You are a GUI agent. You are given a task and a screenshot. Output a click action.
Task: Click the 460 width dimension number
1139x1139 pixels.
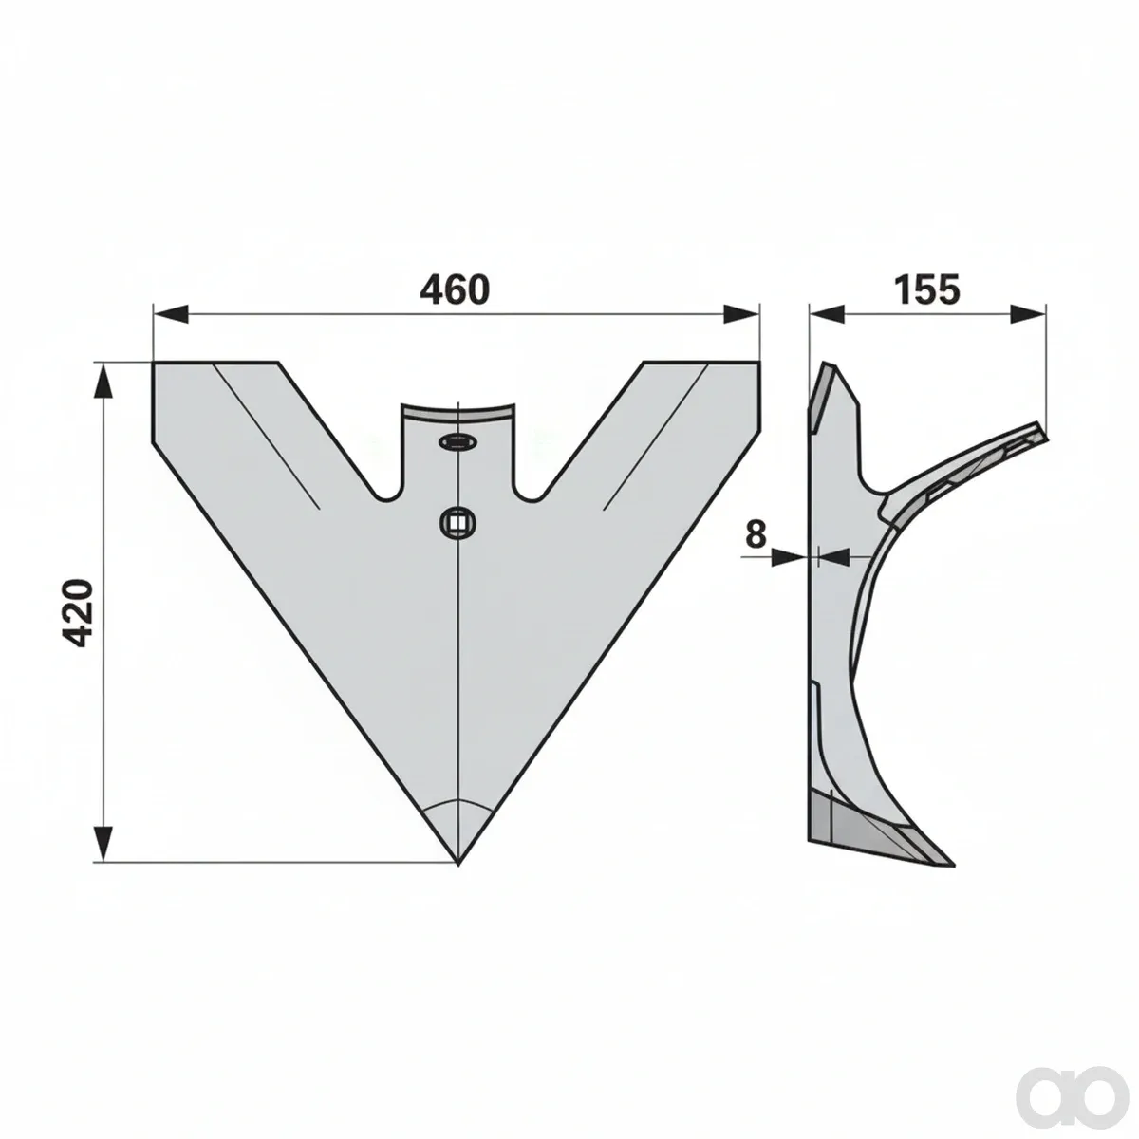[455, 289]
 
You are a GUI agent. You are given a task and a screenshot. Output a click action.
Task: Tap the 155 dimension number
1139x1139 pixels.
[926, 289]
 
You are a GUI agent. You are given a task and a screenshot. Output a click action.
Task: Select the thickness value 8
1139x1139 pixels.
[756, 534]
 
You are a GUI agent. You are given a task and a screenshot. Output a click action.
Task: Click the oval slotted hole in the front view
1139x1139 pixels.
[457, 441]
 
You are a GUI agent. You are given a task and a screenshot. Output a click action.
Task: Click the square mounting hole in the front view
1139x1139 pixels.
[458, 522]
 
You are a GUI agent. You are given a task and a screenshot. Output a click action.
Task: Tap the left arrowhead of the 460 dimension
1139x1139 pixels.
[171, 314]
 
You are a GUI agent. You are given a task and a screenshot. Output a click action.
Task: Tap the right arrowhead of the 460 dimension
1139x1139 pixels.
[741, 314]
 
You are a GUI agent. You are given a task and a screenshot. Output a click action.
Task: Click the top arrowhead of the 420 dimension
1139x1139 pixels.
[103, 382]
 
